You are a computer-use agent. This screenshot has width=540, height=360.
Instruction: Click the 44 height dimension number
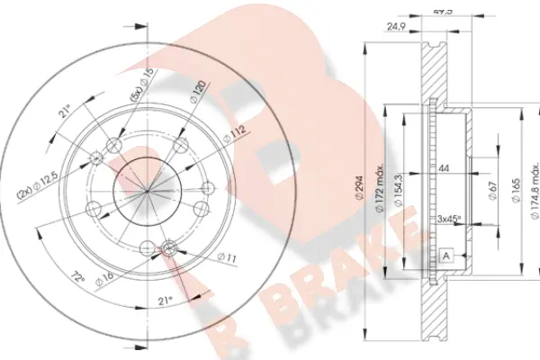point(443,169)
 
